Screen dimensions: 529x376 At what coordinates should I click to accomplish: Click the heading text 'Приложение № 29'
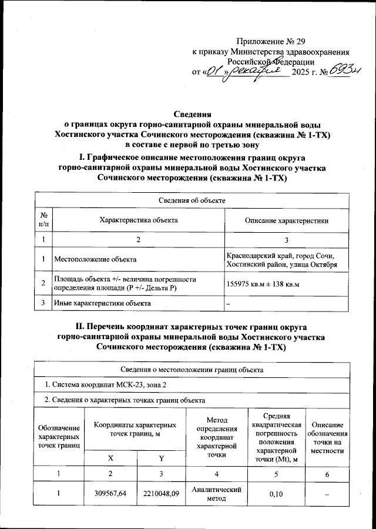coord(272,41)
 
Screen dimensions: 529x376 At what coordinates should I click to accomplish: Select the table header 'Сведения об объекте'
coord(193,200)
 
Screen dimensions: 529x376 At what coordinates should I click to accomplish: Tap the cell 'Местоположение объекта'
coord(95,259)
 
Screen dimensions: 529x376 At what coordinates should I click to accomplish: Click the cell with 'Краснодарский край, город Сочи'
coord(280,255)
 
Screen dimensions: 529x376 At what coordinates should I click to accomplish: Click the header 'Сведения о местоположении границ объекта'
coord(193,370)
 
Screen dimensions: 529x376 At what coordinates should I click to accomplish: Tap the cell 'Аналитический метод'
coord(217,494)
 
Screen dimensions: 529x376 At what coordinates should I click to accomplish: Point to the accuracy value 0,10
coord(276,494)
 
